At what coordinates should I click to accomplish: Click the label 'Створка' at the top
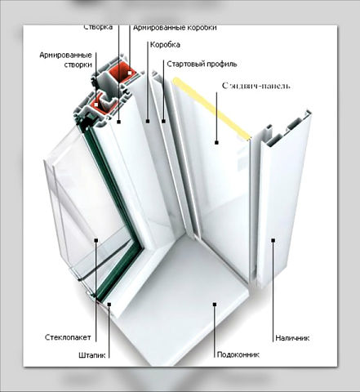click(x=98, y=27)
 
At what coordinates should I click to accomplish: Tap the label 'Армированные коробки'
click(x=175, y=28)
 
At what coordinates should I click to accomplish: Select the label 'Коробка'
click(x=165, y=45)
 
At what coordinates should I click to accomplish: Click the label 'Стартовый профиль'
click(x=202, y=64)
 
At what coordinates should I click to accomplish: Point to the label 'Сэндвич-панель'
click(x=256, y=86)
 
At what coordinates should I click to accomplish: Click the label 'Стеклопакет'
click(x=68, y=337)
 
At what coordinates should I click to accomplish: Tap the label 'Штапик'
click(x=91, y=355)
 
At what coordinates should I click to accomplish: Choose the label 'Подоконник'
click(x=238, y=354)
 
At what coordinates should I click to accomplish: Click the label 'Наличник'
click(x=292, y=338)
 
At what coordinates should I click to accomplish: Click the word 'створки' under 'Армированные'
click(x=78, y=65)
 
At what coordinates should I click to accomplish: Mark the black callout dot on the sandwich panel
click(x=216, y=142)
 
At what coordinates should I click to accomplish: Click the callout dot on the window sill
click(x=215, y=304)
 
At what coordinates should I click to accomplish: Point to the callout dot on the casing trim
click(x=273, y=240)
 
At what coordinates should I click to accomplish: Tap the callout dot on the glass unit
click(x=96, y=240)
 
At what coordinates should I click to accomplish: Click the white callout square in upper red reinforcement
click(x=130, y=73)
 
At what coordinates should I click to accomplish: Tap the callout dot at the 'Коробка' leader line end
click(x=148, y=121)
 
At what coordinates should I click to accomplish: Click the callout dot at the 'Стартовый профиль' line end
click(x=163, y=121)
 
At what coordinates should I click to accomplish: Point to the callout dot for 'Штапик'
click(x=109, y=304)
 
